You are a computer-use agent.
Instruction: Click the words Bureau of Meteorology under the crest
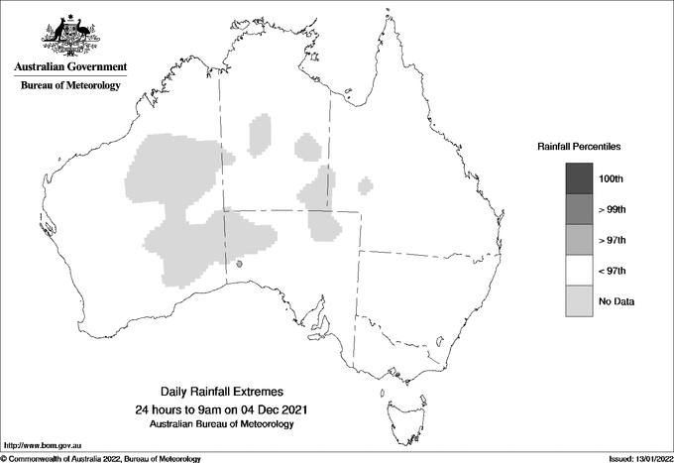tap(70, 86)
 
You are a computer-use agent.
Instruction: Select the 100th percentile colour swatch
tap(579, 178)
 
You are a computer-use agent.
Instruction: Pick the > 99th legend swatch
tap(579, 209)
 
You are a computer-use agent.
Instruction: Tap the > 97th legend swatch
tap(579, 240)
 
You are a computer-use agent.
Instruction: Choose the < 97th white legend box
tap(579, 271)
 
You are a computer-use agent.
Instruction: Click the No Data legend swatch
tap(579, 301)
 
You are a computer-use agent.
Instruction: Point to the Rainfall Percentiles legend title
tap(579, 147)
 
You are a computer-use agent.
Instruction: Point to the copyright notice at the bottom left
tap(101, 458)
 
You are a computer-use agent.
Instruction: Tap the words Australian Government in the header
tap(70, 67)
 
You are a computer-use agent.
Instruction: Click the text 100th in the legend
tap(613, 178)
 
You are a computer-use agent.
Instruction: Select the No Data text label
tap(617, 301)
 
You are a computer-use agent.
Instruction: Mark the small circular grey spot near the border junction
tap(240, 265)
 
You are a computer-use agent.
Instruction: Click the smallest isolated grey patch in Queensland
tap(366, 183)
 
